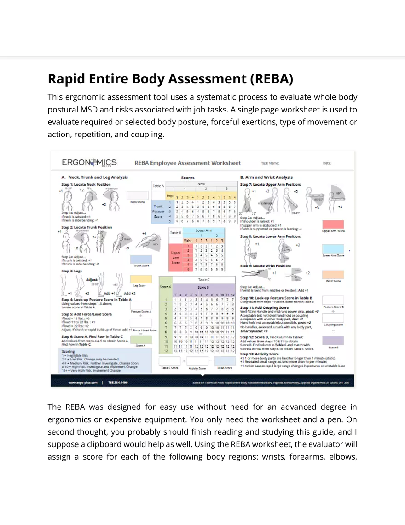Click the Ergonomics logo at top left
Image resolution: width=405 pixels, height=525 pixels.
pyautogui.click(x=89, y=162)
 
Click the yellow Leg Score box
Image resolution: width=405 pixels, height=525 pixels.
pyautogui.click(x=141, y=279)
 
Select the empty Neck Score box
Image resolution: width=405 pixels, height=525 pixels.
pyautogui.click(x=138, y=195)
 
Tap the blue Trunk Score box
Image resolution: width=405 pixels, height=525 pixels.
pyautogui.click(x=141, y=259)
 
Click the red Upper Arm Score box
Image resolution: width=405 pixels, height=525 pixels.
pyautogui.click(x=333, y=224)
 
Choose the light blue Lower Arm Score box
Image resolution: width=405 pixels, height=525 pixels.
pyautogui.click(x=333, y=249)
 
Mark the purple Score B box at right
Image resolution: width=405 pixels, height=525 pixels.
pyautogui.click(x=333, y=341)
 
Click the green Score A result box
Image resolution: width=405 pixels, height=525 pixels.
pyautogui.click(x=141, y=340)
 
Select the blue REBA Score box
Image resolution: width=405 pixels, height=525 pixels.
pyautogui.click(x=225, y=361)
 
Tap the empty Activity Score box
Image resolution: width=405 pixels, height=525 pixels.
pyautogui.click(x=197, y=361)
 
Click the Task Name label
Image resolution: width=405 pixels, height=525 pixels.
pyautogui.click(x=270, y=163)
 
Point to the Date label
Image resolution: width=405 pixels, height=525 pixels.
pyautogui.click(x=327, y=163)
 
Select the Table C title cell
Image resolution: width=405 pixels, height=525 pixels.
pyautogui.click(x=203, y=279)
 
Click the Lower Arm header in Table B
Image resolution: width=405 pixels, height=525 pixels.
pyautogui.click(x=203, y=230)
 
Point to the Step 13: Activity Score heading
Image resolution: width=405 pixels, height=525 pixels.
pyautogui.click(x=259, y=354)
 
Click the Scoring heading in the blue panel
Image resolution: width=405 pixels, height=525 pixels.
pyautogui.click(x=69, y=351)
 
